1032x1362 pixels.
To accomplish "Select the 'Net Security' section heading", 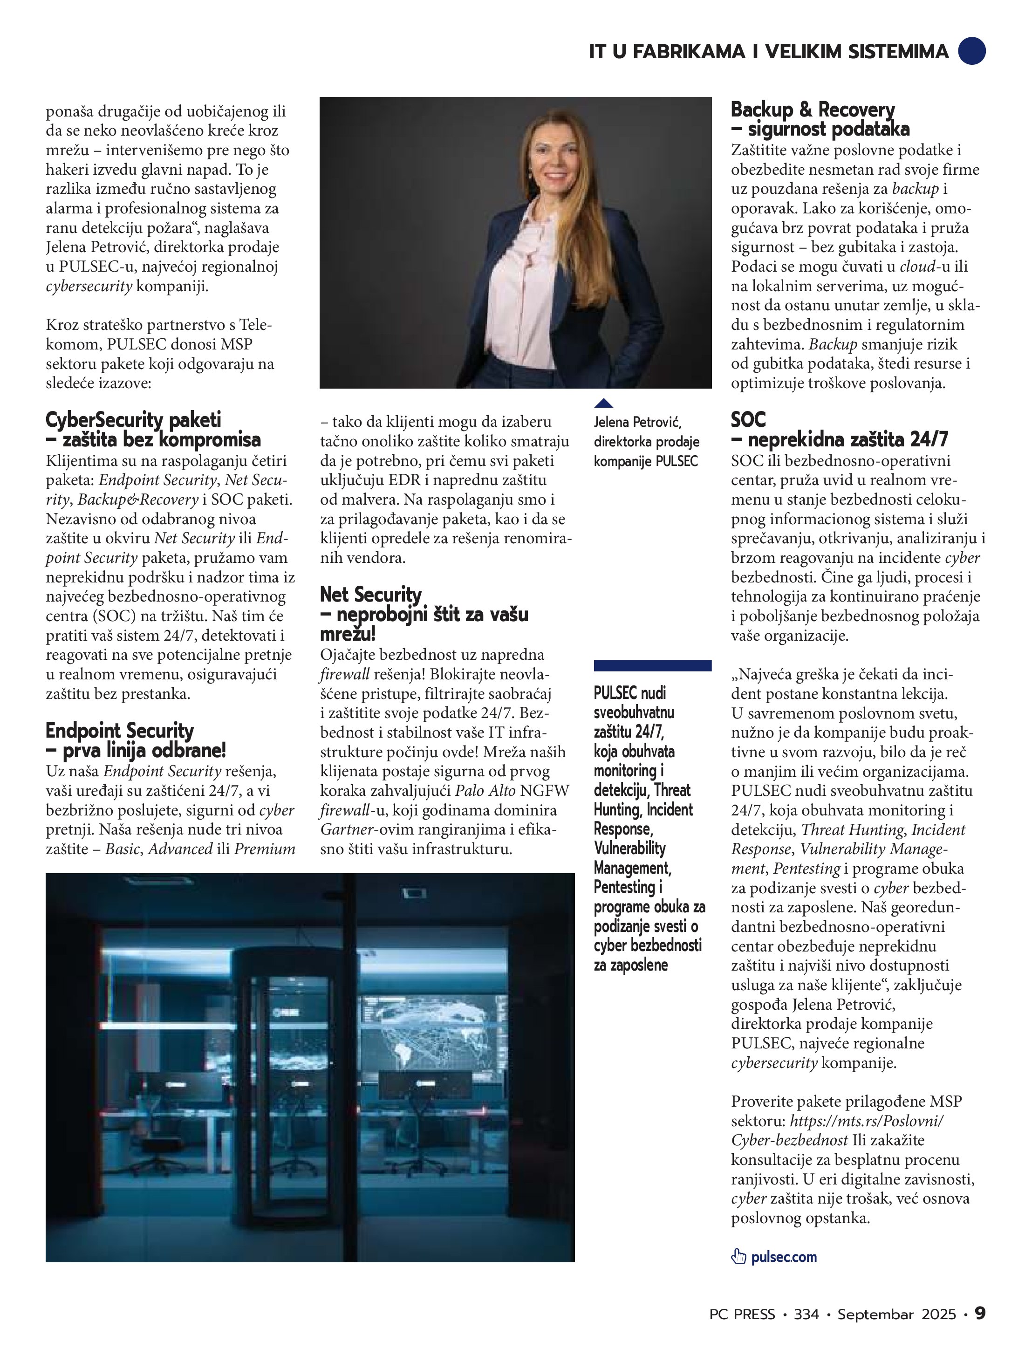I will [371, 594].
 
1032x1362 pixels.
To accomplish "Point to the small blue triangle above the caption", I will [603, 404].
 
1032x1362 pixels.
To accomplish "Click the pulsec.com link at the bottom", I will [783, 1257].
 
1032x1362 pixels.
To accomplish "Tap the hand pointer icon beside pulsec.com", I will [738, 1257].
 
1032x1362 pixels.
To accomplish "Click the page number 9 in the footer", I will [980, 1314].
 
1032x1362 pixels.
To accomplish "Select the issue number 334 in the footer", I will [806, 1314].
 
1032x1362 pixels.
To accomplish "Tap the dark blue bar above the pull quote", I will [652, 665].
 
